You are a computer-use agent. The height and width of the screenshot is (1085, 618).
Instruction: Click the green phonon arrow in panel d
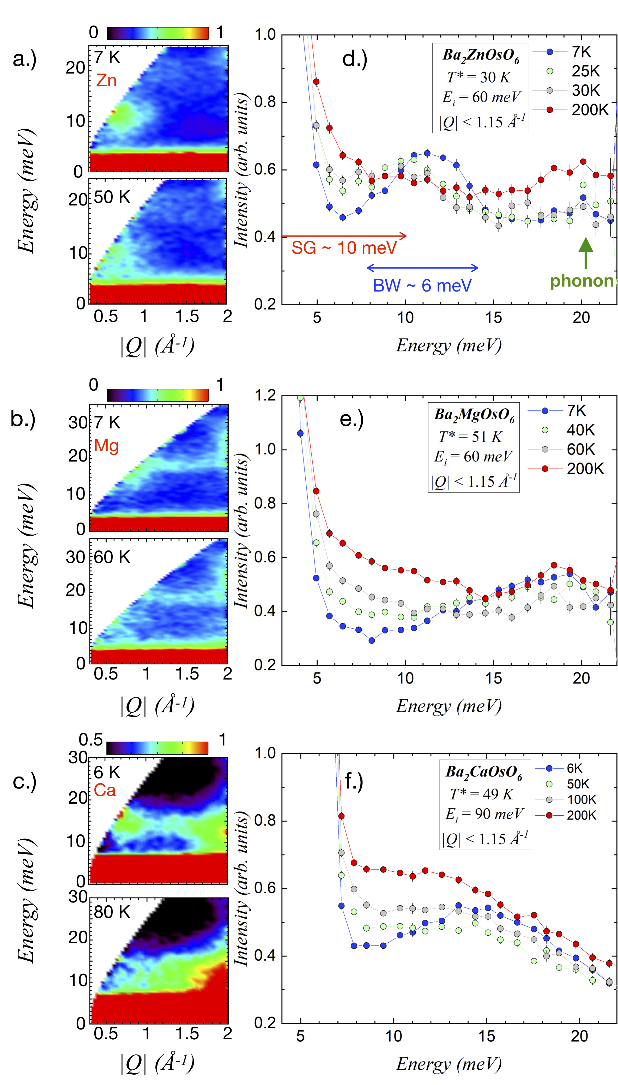point(586,253)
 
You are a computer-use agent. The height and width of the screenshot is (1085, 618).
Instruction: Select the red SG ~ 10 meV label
point(344,248)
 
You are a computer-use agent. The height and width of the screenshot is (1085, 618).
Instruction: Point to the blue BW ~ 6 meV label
point(422,286)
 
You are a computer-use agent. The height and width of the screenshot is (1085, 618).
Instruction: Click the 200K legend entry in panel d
point(571,110)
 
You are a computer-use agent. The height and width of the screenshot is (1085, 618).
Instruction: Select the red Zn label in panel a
point(106,80)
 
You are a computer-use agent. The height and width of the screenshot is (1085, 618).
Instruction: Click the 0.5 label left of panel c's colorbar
point(91,740)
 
